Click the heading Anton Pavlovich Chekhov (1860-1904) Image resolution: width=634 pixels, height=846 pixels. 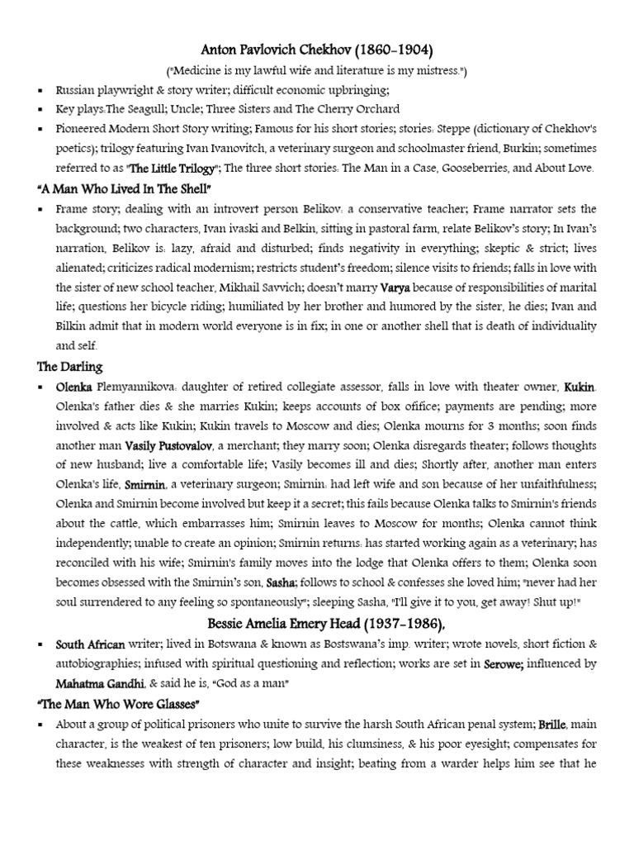(317, 50)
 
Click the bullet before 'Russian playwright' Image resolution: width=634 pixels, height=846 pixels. (40, 90)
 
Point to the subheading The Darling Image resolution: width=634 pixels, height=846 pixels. (69, 366)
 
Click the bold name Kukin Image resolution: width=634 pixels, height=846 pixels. (580, 386)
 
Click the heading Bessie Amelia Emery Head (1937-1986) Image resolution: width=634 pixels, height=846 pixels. (317, 623)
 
